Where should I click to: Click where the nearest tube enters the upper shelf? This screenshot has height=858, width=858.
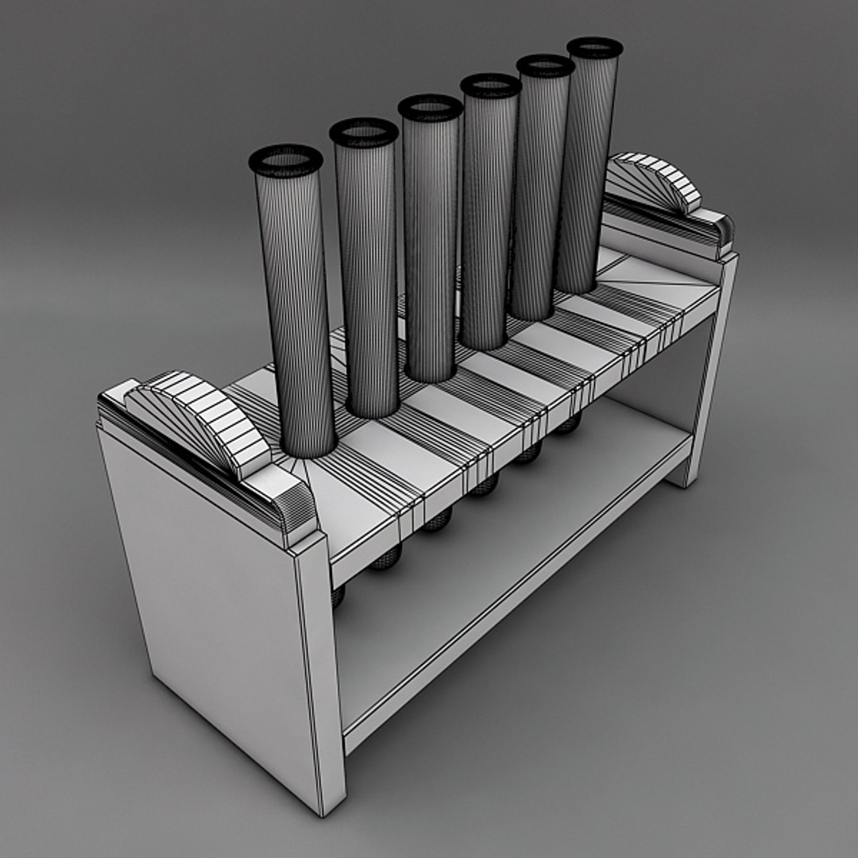[x=309, y=453]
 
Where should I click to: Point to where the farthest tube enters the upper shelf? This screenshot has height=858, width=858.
[x=577, y=288]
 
